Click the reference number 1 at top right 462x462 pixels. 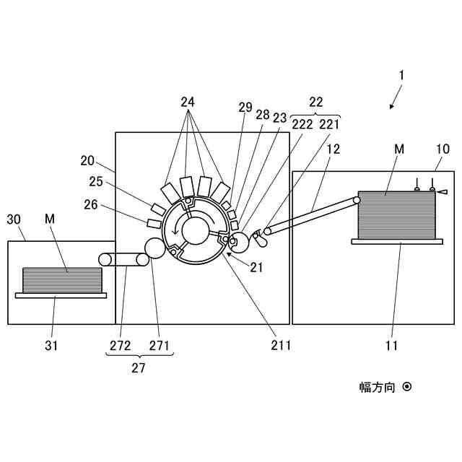coord(402,75)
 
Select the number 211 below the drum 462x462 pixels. coord(280,345)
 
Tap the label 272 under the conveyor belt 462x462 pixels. coord(121,345)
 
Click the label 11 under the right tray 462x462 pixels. coord(392,345)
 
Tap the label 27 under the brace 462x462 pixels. coord(138,367)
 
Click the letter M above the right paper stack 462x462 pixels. coord(398,149)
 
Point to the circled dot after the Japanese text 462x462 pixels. coord(407,387)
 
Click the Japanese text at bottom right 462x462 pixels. coord(378,388)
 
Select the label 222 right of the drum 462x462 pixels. coord(302,123)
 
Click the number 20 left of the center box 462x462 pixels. coord(87,160)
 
